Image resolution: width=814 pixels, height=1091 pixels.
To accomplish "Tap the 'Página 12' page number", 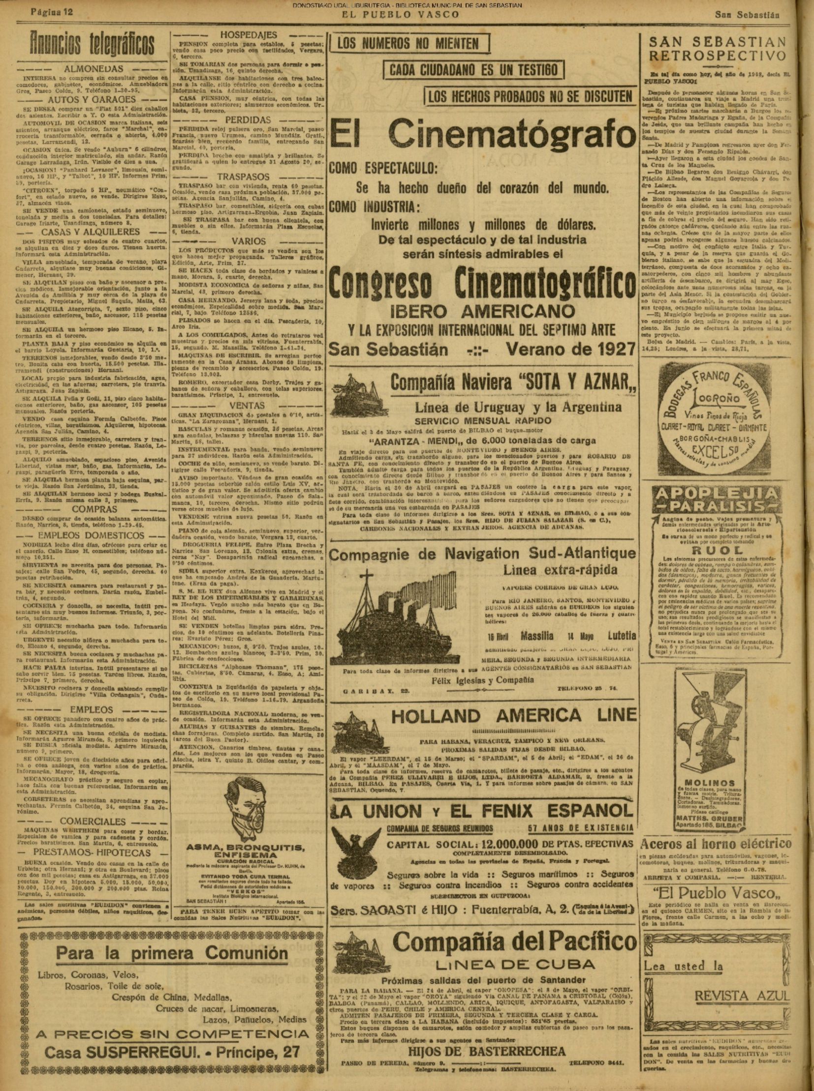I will click(x=52, y=12).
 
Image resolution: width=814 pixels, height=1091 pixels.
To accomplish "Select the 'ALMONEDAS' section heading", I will click(x=94, y=69).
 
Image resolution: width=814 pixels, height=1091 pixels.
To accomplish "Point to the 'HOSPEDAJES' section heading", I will click(x=249, y=35).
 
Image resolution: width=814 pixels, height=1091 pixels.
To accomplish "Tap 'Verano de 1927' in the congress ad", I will click(x=570, y=349).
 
